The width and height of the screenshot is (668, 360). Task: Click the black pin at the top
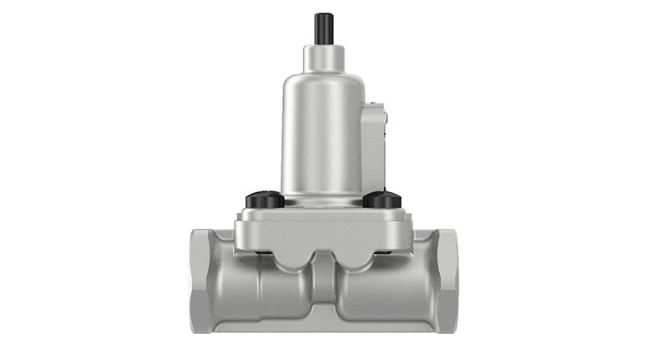[x=322, y=28]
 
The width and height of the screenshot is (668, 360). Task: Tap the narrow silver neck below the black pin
[x=322, y=57]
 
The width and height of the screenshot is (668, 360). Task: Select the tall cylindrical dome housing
[x=322, y=134]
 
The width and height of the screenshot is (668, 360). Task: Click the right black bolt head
[x=383, y=200]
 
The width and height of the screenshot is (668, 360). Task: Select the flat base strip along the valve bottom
[x=322, y=326]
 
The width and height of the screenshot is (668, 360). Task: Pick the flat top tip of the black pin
[x=322, y=14]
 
